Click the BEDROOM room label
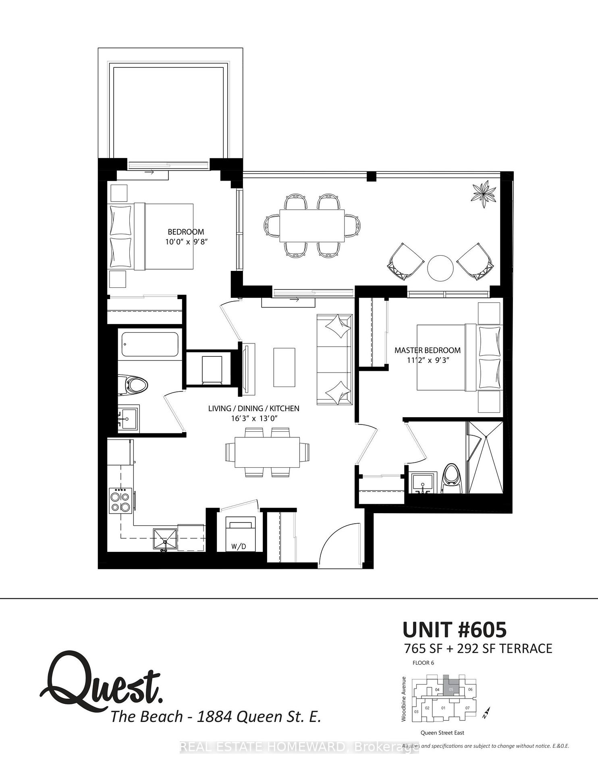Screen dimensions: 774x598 [186, 232]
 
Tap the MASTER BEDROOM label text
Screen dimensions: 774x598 [427, 350]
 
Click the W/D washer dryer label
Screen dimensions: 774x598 [239, 547]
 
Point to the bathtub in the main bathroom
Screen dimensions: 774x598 [150, 344]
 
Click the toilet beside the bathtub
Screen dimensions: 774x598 [133, 385]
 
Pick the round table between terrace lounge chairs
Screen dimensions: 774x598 [440, 268]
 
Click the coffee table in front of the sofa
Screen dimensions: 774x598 [284, 367]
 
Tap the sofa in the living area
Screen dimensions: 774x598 [334, 360]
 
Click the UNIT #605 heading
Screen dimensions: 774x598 [455, 629]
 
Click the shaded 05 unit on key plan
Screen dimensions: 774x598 [451, 689]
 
